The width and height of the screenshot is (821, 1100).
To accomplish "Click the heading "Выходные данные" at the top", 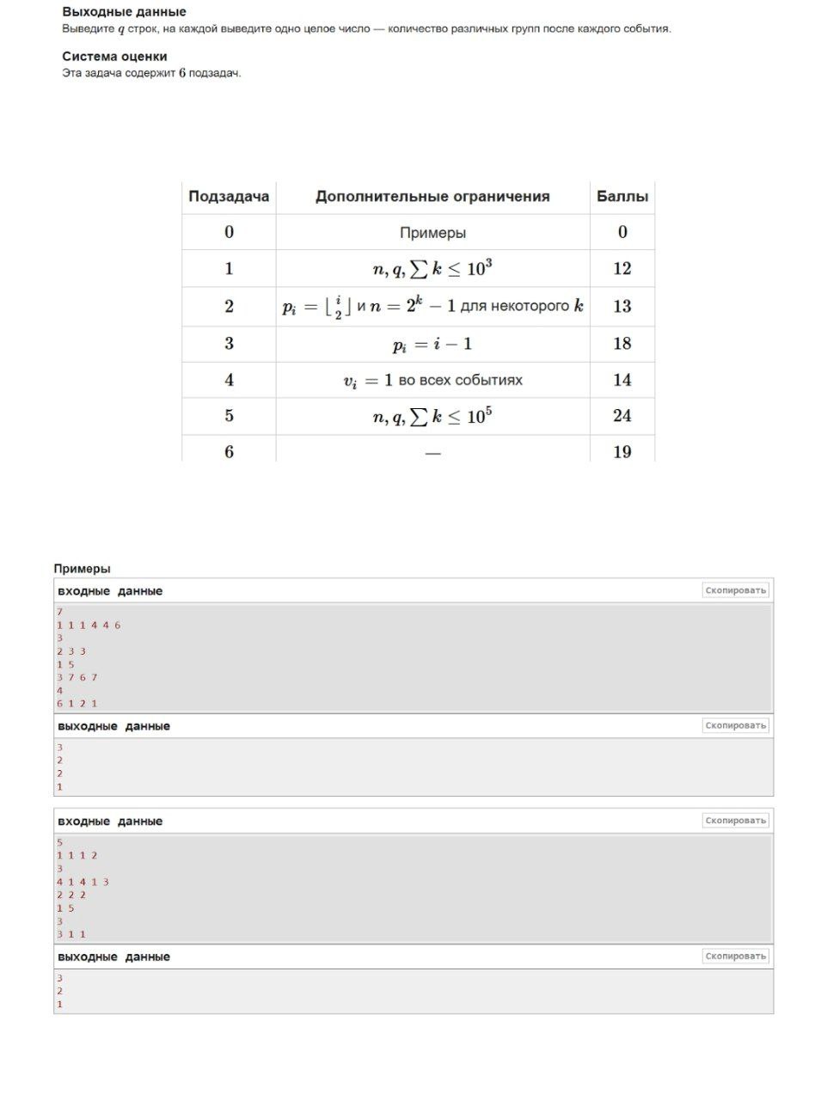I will pos(124,12).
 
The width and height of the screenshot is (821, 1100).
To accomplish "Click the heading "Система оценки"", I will pos(114,57).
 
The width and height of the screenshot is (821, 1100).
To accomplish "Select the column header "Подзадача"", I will pos(229,197).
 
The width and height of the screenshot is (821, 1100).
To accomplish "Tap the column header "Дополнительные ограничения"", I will pos(432,197).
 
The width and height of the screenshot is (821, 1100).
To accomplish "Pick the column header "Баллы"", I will pos(622,197).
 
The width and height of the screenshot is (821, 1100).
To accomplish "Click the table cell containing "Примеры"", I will pos(432,233).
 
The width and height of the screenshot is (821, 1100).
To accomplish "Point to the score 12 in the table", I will pos(622,269).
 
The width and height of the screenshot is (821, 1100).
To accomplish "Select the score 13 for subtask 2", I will pos(622,306).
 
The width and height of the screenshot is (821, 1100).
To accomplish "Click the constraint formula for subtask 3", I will pos(432,345).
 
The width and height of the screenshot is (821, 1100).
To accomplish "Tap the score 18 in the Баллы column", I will pos(622,344).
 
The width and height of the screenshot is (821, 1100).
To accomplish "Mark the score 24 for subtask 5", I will pos(622,416).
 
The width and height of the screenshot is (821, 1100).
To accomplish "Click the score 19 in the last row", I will pos(622,452).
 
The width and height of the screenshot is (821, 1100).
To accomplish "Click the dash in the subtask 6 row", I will pos(432,453).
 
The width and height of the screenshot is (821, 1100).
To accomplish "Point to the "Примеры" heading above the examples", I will pos(82,569).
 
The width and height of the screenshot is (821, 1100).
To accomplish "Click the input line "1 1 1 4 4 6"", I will pos(89,626).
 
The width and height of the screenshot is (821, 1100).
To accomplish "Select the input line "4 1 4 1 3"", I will pos(83,882).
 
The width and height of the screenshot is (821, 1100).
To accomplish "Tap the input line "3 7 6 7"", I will pos(77,677).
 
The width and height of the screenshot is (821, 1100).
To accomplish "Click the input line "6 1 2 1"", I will pos(77,704).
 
